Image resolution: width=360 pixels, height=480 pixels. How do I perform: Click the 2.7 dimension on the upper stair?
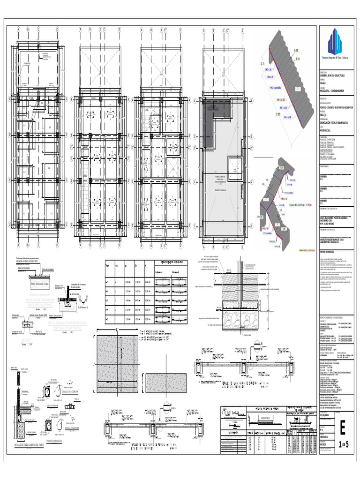(x=262, y=63)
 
